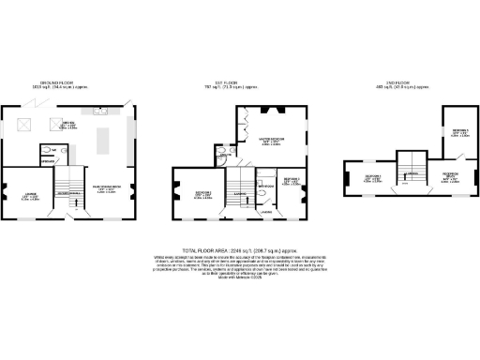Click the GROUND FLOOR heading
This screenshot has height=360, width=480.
pyautogui.click(x=68, y=83)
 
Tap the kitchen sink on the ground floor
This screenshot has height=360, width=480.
pyautogui.click(x=99, y=109)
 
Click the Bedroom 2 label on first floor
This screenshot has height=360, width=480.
pyautogui.click(x=204, y=194)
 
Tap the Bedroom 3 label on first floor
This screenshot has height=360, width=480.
pyautogui.click(x=292, y=180)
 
